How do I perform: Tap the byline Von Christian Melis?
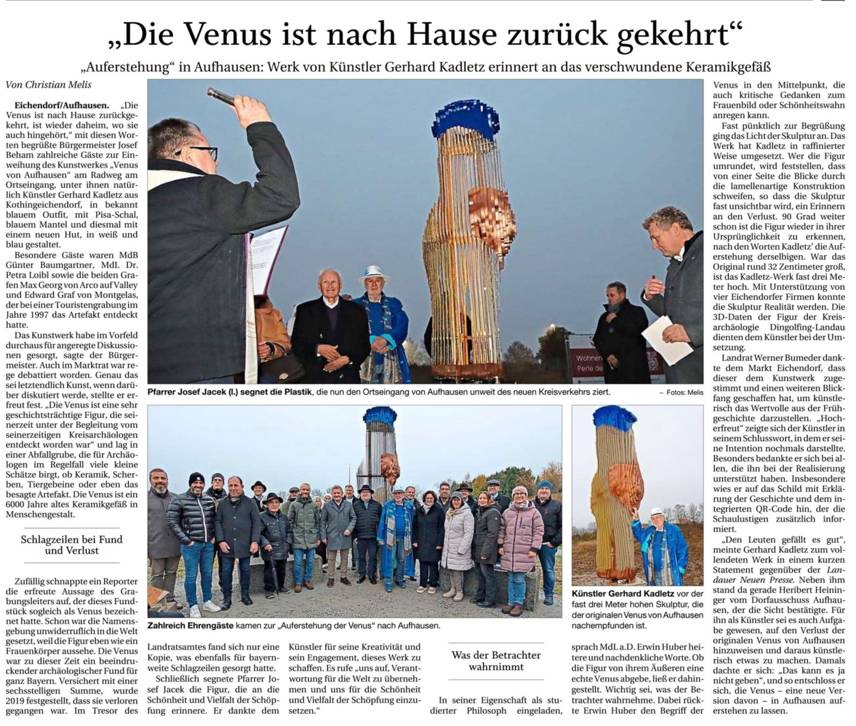48,85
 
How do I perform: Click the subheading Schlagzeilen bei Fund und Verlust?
71,545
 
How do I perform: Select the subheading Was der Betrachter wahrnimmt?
496,661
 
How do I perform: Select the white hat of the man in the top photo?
373,272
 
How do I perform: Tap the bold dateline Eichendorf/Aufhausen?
61,105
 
